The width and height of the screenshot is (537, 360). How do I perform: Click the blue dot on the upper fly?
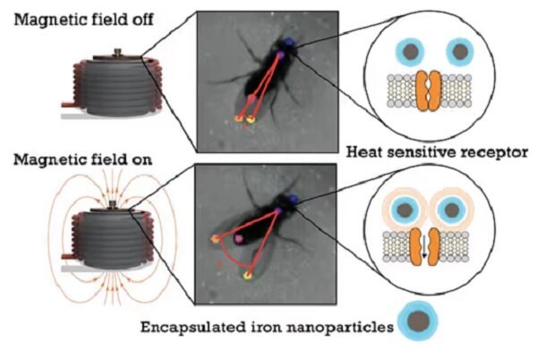[x=291, y=41]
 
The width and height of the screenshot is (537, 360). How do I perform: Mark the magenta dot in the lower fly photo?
[x=239, y=240]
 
